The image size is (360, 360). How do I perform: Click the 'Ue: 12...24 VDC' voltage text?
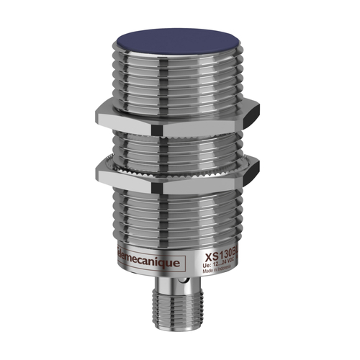click(x=220, y=264)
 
